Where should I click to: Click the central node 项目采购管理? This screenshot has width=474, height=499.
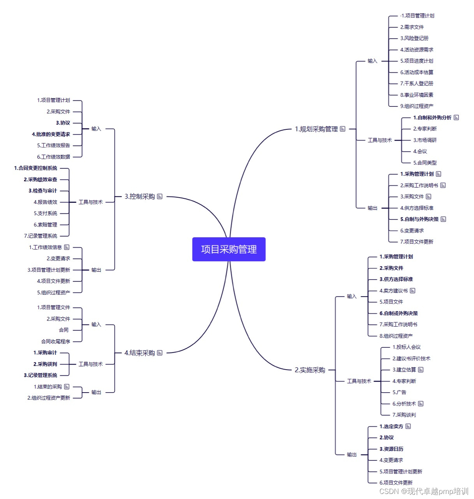coord(229,249)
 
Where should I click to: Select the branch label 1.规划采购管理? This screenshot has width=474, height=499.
coord(316,129)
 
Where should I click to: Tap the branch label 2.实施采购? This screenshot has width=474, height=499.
coord(310,370)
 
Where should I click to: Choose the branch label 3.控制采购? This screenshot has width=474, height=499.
coord(140,196)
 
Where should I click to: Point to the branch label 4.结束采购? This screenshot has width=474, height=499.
coord(139,353)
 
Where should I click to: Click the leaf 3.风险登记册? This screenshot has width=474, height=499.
coord(414,38)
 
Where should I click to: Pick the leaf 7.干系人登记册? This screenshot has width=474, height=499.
coord(416,83)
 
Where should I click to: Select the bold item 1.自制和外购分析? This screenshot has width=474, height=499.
coord(432,117)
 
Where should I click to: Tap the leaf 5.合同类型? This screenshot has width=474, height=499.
coord(425,163)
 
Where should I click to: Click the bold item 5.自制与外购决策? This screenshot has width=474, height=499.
coord(419,219)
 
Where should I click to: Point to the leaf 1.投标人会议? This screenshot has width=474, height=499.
coord(406,347)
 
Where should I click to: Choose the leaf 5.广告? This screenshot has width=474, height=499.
coord(399,392)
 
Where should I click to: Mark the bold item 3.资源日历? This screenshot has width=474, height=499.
coord(391,449)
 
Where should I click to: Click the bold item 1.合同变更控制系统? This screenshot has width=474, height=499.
coord(35,168)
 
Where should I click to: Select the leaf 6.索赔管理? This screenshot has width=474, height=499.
coord(45,225)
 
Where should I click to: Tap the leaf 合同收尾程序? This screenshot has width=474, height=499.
coord(56,342)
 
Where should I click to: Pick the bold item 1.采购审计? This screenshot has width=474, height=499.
coord(45,353)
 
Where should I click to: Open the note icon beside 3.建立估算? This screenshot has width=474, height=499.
coord(421,370)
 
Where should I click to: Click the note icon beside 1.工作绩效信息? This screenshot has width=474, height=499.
coord(67,247)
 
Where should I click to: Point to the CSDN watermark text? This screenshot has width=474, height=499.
coord(424,491)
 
